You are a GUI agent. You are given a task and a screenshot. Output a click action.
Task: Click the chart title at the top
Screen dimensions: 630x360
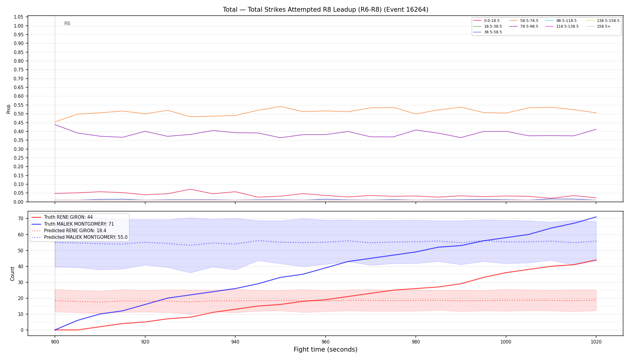tap(325, 10)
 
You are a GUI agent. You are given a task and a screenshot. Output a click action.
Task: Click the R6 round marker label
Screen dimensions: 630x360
tap(67, 23)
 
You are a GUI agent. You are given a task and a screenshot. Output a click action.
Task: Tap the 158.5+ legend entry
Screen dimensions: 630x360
tap(598, 26)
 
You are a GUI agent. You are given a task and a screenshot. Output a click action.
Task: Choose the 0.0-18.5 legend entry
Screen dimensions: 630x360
tap(487, 21)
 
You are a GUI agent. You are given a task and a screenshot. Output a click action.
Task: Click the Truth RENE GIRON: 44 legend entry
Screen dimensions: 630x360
tap(62, 217)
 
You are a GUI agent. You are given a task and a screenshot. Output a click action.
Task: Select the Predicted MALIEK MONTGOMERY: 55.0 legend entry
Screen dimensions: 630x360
tap(79, 237)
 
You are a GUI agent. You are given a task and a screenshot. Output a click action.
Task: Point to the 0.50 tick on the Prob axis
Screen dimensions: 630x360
tap(19, 114)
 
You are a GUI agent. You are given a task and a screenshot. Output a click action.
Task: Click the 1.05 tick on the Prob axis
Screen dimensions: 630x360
tap(19, 17)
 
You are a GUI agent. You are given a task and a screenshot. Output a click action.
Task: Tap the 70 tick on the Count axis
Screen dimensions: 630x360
tap(21, 219)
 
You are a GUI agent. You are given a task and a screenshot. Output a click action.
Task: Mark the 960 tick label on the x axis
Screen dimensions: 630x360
tap(325, 342)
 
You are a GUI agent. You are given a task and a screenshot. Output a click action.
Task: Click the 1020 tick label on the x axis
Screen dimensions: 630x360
tap(596, 342)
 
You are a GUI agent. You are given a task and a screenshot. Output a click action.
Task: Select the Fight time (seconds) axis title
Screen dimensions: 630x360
tap(325, 349)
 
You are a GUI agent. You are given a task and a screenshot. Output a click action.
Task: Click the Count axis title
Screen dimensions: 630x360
tap(12, 274)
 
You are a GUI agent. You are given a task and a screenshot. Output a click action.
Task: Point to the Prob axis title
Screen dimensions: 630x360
tap(9, 109)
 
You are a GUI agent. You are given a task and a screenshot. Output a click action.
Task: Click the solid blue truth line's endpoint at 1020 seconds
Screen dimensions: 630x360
tap(596, 217)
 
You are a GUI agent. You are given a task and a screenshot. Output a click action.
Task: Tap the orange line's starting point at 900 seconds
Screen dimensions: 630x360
tap(55, 122)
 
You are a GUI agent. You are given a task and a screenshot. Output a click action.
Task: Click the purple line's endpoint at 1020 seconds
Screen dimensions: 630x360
tap(596, 129)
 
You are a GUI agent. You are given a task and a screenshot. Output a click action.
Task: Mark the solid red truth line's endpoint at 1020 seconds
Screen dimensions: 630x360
tap(596, 260)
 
